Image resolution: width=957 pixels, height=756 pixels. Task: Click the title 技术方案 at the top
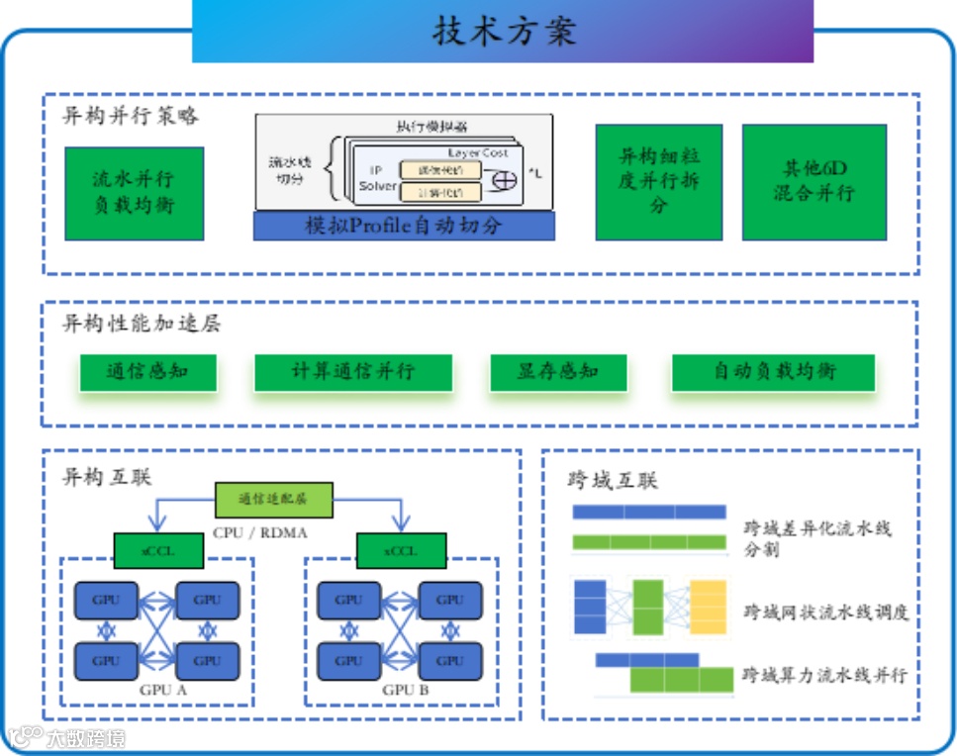point(504,31)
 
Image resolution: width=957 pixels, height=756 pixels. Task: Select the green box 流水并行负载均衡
point(135,193)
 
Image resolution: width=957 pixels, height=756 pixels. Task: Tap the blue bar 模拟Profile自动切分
point(404,226)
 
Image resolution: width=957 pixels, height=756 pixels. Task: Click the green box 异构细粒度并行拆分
point(658,181)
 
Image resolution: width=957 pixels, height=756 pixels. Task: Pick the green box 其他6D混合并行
point(813,181)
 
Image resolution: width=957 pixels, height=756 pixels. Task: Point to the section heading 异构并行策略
point(131,115)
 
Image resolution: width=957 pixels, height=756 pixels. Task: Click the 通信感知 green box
point(147,372)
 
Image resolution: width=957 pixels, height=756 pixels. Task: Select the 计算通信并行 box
point(353,372)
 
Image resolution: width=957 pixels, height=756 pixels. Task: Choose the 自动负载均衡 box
point(773,372)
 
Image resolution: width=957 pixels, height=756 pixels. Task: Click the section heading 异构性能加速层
point(142,323)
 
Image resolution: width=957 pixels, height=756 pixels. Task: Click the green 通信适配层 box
point(274,499)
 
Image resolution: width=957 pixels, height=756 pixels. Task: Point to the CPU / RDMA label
point(260,533)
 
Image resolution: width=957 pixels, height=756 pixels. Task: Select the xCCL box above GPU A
point(159,551)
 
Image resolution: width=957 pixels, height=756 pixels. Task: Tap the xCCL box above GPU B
point(401,551)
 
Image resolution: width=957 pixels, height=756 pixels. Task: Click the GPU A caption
point(156,690)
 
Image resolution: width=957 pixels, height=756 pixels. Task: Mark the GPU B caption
point(399,690)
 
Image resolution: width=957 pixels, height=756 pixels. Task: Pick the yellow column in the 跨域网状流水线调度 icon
point(708,607)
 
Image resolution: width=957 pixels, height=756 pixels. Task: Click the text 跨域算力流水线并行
point(824,676)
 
